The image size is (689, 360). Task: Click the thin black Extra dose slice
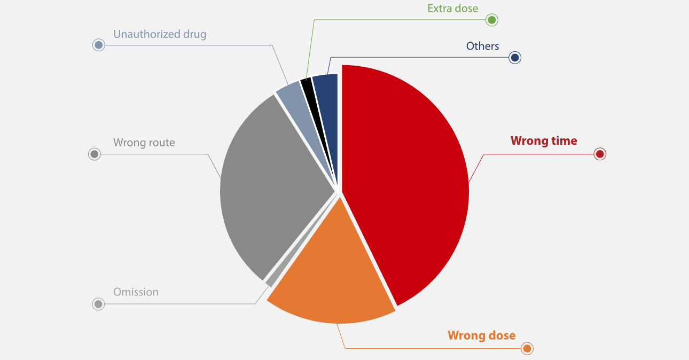(307, 85)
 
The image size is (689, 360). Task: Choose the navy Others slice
(326, 85)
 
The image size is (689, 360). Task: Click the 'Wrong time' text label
(544, 141)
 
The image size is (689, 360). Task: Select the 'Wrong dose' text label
(481, 335)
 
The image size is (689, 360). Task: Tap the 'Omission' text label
(136, 292)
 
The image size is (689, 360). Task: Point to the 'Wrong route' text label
(144, 143)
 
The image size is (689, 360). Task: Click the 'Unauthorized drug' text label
(160, 34)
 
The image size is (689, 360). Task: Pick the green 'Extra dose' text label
(453, 8)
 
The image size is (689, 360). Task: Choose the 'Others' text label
(482, 46)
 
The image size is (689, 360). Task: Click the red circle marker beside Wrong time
(600, 154)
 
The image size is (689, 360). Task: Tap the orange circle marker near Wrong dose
(527, 349)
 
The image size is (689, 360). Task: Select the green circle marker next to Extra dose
(492, 20)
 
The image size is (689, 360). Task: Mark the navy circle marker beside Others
(515, 58)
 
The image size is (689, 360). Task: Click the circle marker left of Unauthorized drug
(98, 45)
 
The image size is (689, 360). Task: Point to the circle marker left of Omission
(98, 304)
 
